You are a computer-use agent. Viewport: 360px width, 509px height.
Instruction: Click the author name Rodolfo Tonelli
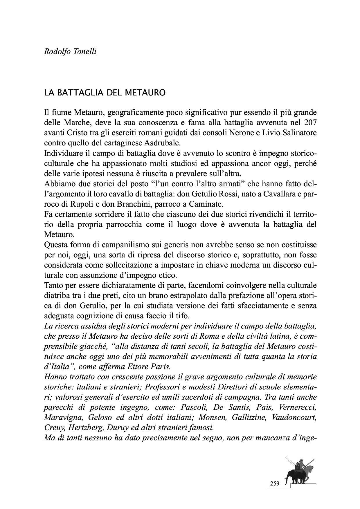tap(70, 52)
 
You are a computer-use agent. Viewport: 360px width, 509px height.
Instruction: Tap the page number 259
tap(274, 483)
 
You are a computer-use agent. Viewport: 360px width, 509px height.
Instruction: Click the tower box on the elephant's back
tap(297, 467)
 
